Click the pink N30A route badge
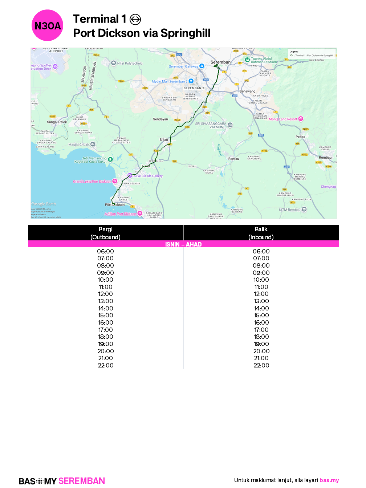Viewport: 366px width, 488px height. pyautogui.click(x=48, y=25)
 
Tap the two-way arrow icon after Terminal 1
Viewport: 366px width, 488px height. pyautogui.click(x=135, y=19)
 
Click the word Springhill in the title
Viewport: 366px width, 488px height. pyautogui.click(x=186, y=33)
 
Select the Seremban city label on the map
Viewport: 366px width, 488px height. pyautogui.click(x=220, y=62)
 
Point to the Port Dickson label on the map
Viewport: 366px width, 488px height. pyautogui.click(x=115, y=205)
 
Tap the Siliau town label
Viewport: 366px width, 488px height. pyautogui.click(x=164, y=139)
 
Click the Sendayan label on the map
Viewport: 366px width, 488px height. pyautogui.click(x=160, y=119)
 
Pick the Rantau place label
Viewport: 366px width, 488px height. pyautogui.click(x=233, y=159)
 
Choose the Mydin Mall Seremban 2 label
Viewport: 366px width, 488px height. pyautogui.click(x=170, y=81)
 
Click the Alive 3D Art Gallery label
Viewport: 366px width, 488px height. pyautogui.click(x=148, y=176)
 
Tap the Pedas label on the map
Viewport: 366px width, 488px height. pyautogui.click(x=300, y=137)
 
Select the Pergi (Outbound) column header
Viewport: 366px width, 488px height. pyautogui.click(x=105, y=233)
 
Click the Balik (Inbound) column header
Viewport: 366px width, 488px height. pyautogui.click(x=261, y=233)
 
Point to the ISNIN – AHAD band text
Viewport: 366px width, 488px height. pyautogui.click(x=183, y=244)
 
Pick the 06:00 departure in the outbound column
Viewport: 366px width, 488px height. pyautogui.click(x=105, y=251)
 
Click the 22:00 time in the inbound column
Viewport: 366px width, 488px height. pyautogui.click(x=261, y=365)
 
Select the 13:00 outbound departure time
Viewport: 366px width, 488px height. pyautogui.click(x=105, y=301)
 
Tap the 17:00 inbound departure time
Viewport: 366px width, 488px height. pyautogui.click(x=261, y=330)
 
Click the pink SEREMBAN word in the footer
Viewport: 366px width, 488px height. pyautogui.click(x=82, y=481)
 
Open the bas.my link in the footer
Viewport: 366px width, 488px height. pyautogui.click(x=329, y=480)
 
